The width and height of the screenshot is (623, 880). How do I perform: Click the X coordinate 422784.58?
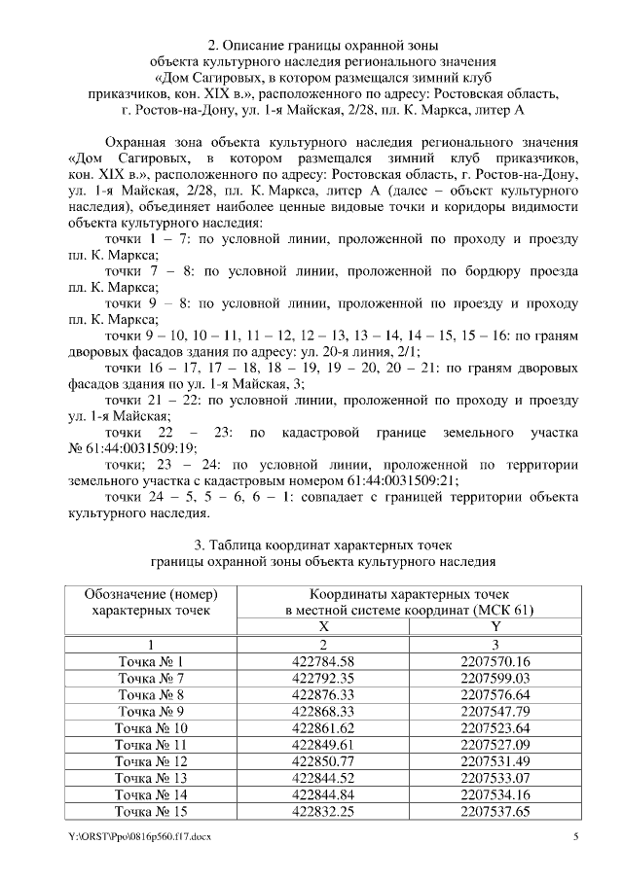tap(322, 661)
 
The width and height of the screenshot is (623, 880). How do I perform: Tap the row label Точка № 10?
tap(151, 727)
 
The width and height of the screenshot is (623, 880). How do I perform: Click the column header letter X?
tap(323, 627)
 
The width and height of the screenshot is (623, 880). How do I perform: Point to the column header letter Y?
tap(495, 627)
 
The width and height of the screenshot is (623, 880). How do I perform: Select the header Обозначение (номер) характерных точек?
tap(151, 602)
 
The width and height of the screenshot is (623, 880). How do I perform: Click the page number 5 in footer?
tap(575, 836)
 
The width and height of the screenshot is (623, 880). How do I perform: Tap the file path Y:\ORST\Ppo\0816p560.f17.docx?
tap(139, 836)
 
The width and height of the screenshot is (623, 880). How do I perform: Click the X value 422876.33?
tap(322, 694)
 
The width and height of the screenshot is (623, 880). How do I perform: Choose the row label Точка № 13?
tap(151, 777)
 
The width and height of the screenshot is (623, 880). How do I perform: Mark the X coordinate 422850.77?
tap(322, 760)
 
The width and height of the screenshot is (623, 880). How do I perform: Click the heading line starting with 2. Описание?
tap(311, 45)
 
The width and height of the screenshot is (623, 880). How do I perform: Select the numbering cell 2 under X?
tap(323, 644)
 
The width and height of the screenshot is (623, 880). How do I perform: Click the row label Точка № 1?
tap(151, 661)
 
